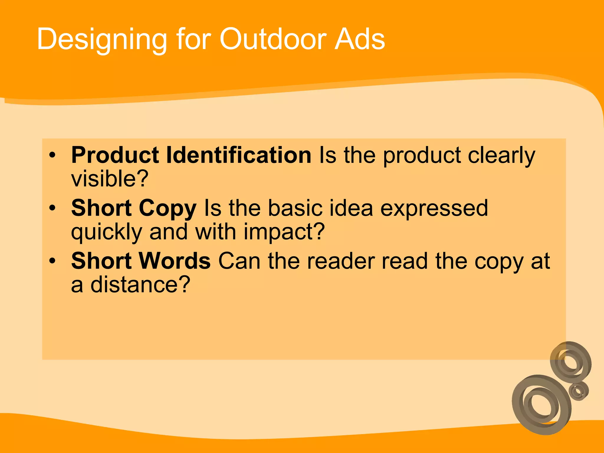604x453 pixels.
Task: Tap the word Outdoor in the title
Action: (273, 39)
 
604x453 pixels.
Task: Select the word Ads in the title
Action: (360, 39)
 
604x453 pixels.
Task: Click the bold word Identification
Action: (239, 155)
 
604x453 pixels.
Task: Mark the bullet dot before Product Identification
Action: (52, 155)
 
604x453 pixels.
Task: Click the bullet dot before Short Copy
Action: (52, 208)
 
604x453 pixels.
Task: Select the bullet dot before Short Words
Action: (52, 261)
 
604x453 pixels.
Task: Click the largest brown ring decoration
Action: (541, 405)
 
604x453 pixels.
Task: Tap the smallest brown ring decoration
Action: (579, 391)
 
